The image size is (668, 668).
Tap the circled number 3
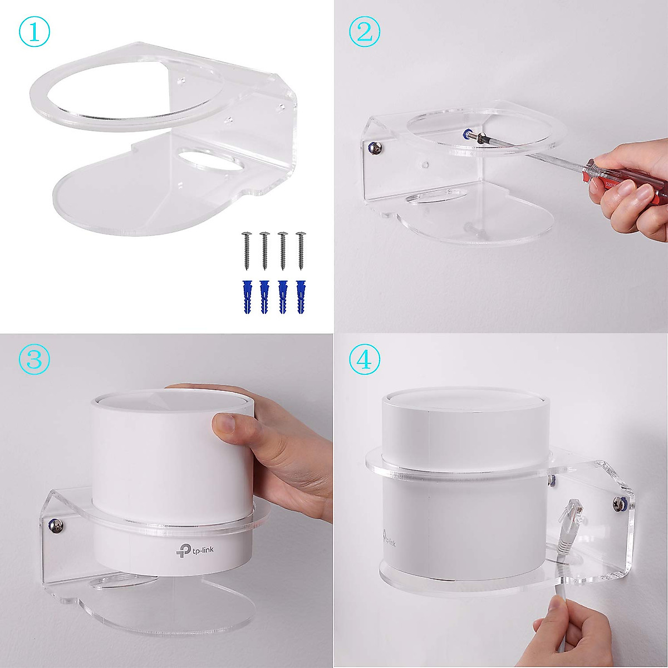pos(35,360)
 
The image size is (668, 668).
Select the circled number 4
pos(365,360)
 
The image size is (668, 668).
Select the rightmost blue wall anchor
pos(301,297)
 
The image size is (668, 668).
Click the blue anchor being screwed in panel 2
pos(466,134)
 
